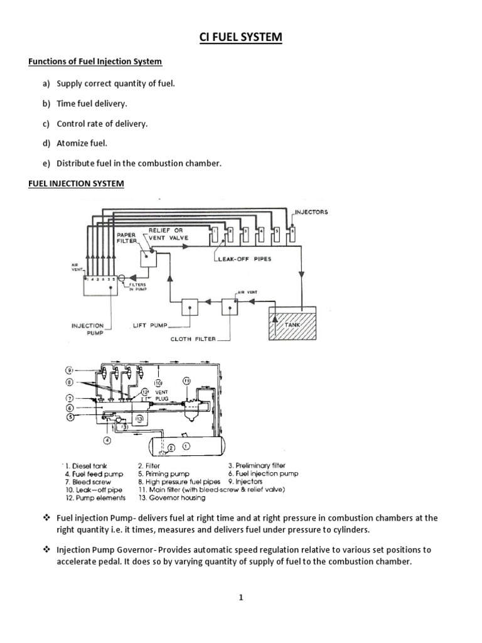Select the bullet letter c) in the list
(46, 124)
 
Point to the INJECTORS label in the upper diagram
(313, 212)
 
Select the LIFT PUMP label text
(149, 327)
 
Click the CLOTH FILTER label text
(193, 339)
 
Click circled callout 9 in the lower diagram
(70, 370)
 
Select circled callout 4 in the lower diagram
(107, 440)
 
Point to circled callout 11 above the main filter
(186, 381)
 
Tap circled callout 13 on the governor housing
(139, 419)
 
